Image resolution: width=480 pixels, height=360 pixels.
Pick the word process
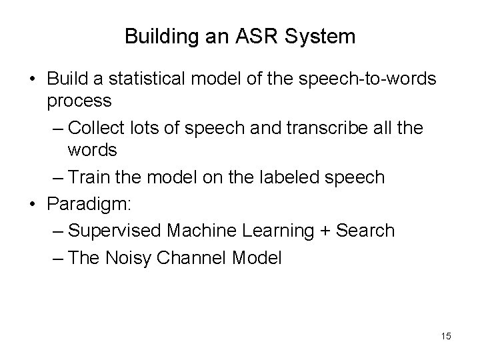click(x=80, y=101)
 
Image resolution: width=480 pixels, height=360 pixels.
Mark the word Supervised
click(x=116, y=230)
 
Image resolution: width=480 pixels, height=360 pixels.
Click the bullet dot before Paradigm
click(x=32, y=204)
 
